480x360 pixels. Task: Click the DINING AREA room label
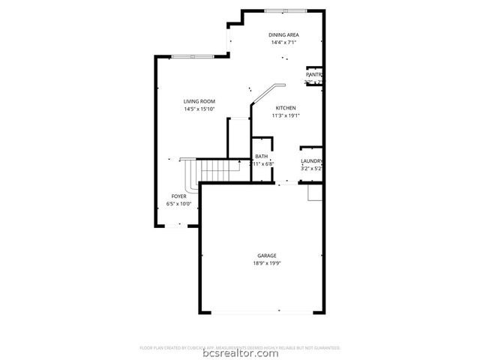(283, 35)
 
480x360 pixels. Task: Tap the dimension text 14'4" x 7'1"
(283, 43)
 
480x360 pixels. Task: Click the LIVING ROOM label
(199, 101)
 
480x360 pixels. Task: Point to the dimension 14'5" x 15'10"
(199, 109)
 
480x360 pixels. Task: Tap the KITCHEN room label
(285, 108)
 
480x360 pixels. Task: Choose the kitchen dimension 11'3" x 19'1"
(285, 115)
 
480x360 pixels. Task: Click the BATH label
(261, 156)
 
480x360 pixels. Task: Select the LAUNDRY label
(311, 161)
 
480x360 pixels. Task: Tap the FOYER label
(178, 196)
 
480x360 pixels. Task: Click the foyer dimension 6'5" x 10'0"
(178, 203)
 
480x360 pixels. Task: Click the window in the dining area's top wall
(286, 10)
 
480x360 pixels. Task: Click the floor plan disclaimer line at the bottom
(240, 348)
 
